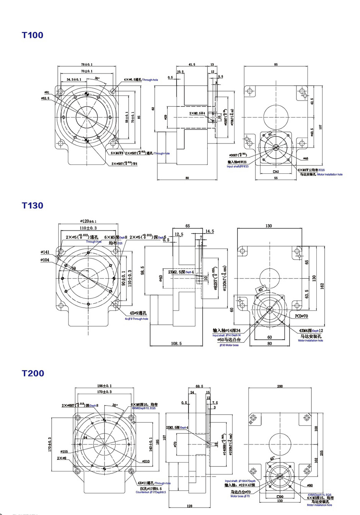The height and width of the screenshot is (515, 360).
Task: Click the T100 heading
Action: (33, 35)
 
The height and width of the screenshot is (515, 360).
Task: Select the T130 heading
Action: (33, 205)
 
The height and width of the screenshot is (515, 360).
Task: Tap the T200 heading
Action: (33, 373)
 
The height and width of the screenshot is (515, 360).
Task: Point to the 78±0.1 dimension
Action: (87, 65)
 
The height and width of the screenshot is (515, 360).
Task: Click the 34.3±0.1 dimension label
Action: (74, 80)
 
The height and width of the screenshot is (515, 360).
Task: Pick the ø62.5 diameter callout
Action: (45, 98)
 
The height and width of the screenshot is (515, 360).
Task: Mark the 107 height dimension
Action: (321, 126)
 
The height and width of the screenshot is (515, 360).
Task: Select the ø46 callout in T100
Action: (306, 158)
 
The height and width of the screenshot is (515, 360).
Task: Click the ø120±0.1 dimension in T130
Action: (88, 221)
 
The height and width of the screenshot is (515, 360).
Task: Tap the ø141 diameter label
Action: (45, 252)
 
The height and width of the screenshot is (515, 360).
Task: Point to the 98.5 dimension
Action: (142, 271)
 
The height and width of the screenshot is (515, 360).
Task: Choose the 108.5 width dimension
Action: (176, 344)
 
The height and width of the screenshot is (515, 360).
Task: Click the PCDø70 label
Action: (301, 316)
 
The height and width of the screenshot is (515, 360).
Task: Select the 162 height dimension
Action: (322, 286)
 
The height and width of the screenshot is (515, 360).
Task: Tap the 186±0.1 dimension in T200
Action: (105, 386)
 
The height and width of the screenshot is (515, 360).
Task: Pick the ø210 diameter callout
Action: (146, 461)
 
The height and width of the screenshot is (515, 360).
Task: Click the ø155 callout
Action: (64, 452)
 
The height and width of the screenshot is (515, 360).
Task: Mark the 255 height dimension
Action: (322, 453)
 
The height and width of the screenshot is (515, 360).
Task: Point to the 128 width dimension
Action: (190, 506)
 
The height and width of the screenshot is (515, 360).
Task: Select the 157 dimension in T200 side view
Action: (164, 437)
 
